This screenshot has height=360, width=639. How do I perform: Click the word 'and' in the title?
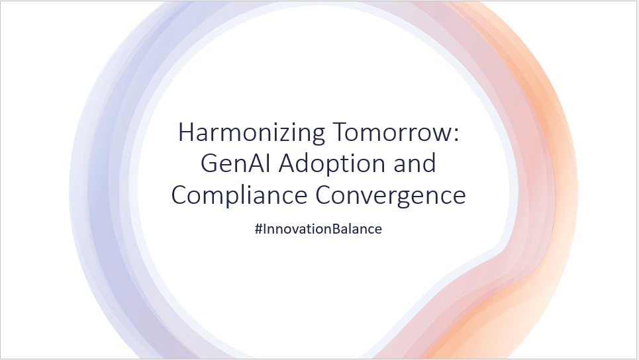413,163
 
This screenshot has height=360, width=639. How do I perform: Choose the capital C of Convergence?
323,195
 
